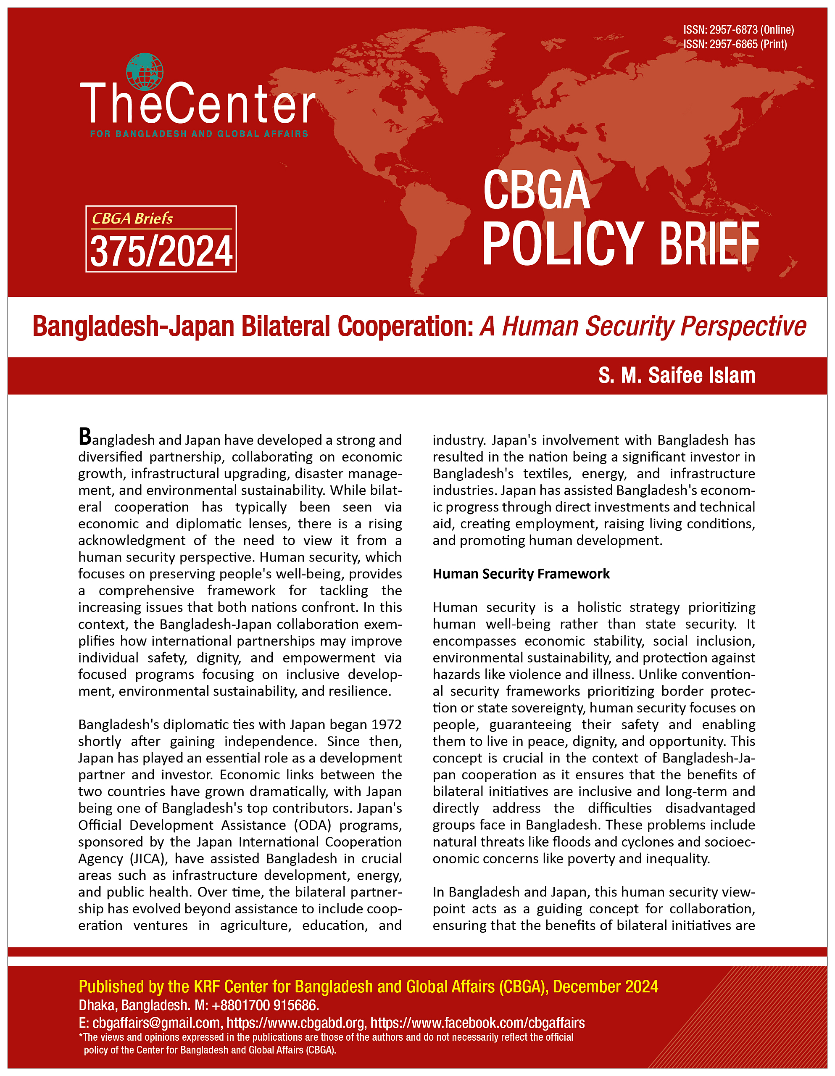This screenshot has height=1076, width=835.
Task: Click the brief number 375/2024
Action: point(161,252)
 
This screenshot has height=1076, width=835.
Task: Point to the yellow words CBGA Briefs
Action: point(132,218)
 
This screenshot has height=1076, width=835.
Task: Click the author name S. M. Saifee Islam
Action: point(677,375)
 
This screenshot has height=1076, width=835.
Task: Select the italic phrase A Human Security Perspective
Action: point(643,327)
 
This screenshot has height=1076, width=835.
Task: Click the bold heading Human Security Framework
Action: point(521,574)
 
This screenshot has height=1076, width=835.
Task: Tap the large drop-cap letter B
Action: point(85,437)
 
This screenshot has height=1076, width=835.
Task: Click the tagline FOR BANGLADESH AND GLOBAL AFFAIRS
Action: point(199,134)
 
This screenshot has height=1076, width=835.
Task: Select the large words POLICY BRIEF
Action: point(620,244)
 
